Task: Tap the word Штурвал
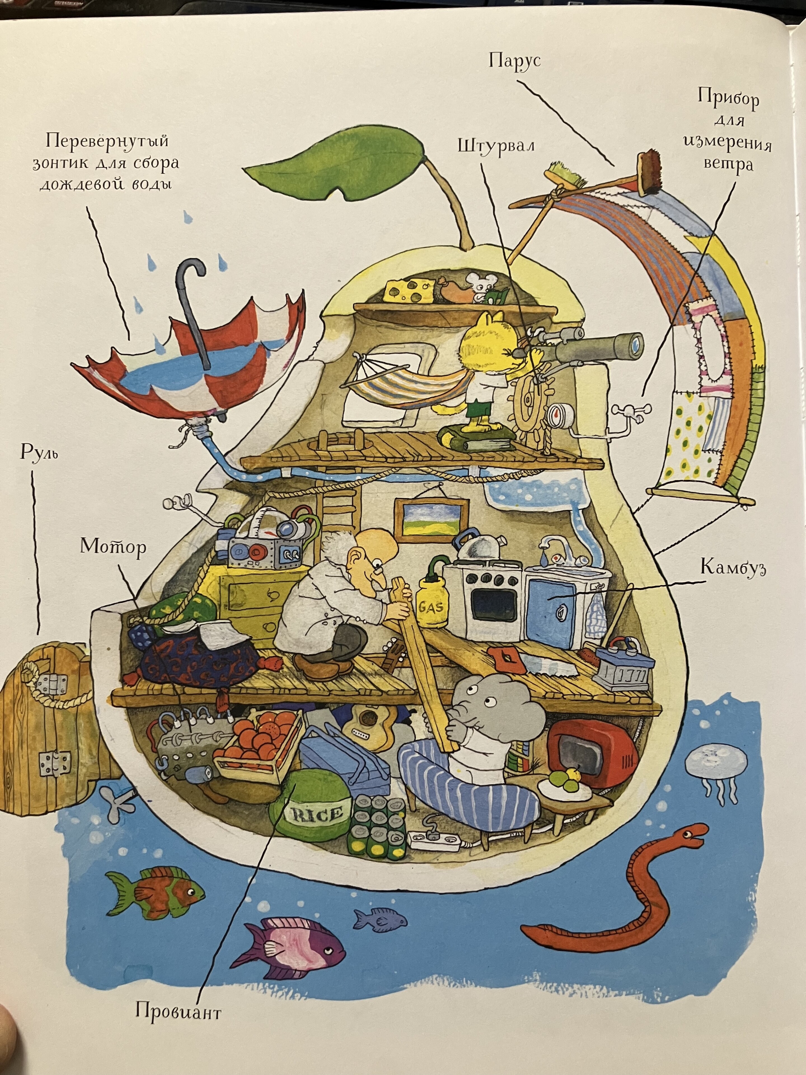point(496,146)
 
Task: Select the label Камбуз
point(733,568)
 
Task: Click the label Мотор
point(113,547)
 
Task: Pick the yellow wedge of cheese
point(407,290)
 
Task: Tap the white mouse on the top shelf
point(479,287)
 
